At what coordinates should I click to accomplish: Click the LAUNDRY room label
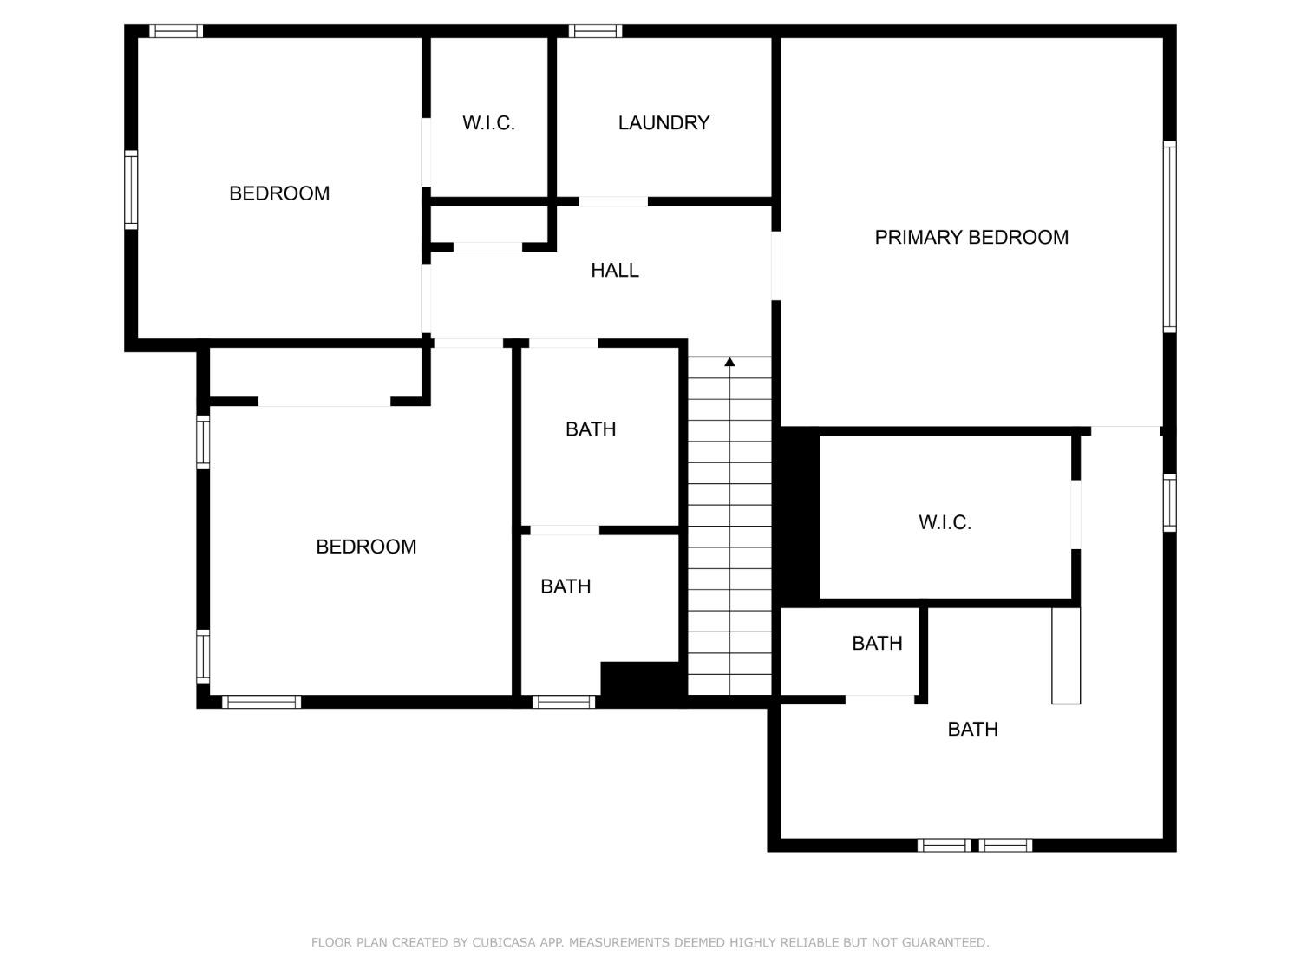(x=664, y=123)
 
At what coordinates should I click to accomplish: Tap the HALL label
(x=615, y=271)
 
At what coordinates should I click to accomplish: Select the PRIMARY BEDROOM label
(x=971, y=238)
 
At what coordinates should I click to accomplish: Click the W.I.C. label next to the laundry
(x=488, y=123)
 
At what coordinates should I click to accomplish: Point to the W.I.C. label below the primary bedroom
(x=945, y=522)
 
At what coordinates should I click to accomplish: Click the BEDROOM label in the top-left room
(x=279, y=193)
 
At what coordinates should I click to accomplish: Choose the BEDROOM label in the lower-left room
(x=366, y=547)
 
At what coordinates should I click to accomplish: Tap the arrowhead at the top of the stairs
(x=729, y=362)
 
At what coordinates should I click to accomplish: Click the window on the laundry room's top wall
(x=595, y=31)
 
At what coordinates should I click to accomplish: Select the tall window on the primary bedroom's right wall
(x=1169, y=237)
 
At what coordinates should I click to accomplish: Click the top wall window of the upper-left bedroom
(x=176, y=31)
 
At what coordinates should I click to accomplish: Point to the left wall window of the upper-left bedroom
(x=131, y=189)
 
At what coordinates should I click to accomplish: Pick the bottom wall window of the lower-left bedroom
(x=261, y=702)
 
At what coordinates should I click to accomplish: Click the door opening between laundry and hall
(x=613, y=201)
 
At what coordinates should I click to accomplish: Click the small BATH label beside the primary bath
(x=877, y=644)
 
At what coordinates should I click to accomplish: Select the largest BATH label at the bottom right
(x=972, y=730)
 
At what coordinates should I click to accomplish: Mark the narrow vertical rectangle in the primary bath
(x=1066, y=655)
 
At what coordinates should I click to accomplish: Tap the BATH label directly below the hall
(x=591, y=429)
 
